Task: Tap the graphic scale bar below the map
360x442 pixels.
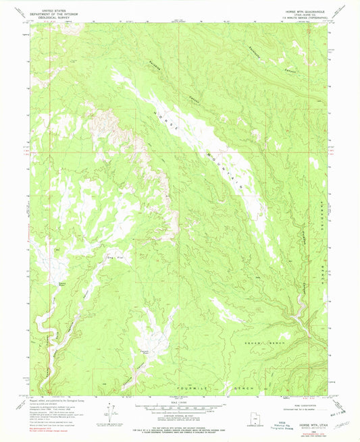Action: click(x=180, y=407)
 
